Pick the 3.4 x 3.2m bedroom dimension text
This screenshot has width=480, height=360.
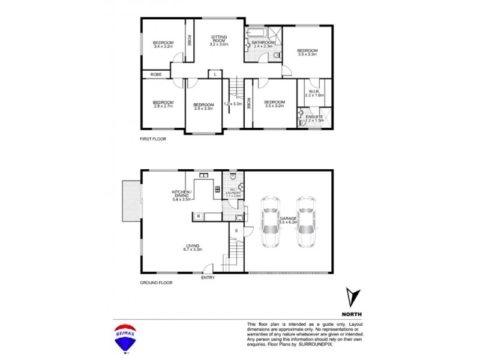tap(163, 47)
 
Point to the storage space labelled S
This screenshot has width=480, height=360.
tap(236, 231)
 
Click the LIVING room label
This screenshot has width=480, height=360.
tap(193, 246)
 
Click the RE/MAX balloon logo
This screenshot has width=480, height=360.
tap(124, 337)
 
